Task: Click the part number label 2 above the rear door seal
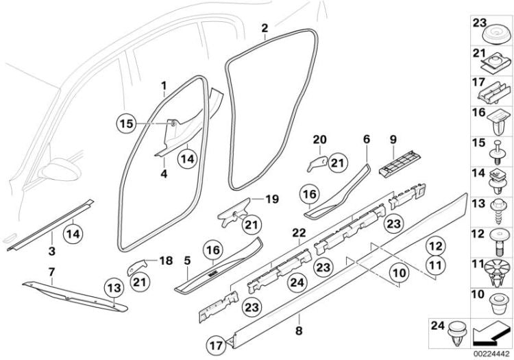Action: (265, 28)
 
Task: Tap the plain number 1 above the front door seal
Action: (164, 86)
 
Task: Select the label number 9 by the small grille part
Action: (393, 139)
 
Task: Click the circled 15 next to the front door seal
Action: (125, 124)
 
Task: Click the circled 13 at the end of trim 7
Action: (115, 287)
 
